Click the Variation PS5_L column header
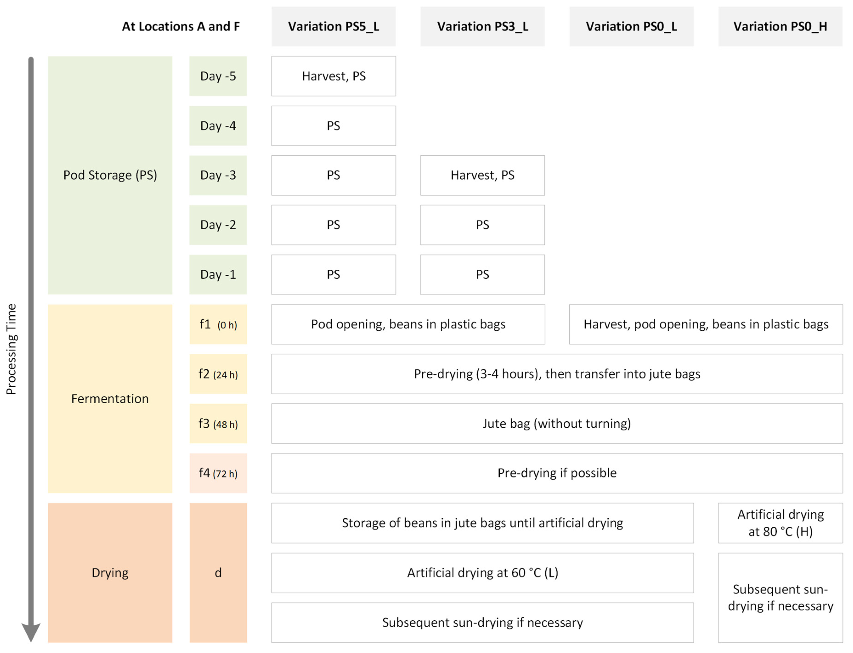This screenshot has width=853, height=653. [x=333, y=26]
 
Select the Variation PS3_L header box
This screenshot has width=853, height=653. [x=482, y=26]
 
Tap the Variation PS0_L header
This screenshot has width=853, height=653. [x=631, y=26]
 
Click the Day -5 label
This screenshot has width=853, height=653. [x=218, y=76]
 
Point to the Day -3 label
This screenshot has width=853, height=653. [x=218, y=175]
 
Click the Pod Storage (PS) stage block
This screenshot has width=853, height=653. [x=110, y=175]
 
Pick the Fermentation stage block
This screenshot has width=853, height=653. [x=110, y=399]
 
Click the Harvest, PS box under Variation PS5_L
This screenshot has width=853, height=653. [x=333, y=76]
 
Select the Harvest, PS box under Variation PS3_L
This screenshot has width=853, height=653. [x=482, y=175]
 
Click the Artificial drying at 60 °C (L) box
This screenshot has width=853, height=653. [x=482, y=573]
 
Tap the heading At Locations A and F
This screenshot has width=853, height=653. [x=181, y=26]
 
